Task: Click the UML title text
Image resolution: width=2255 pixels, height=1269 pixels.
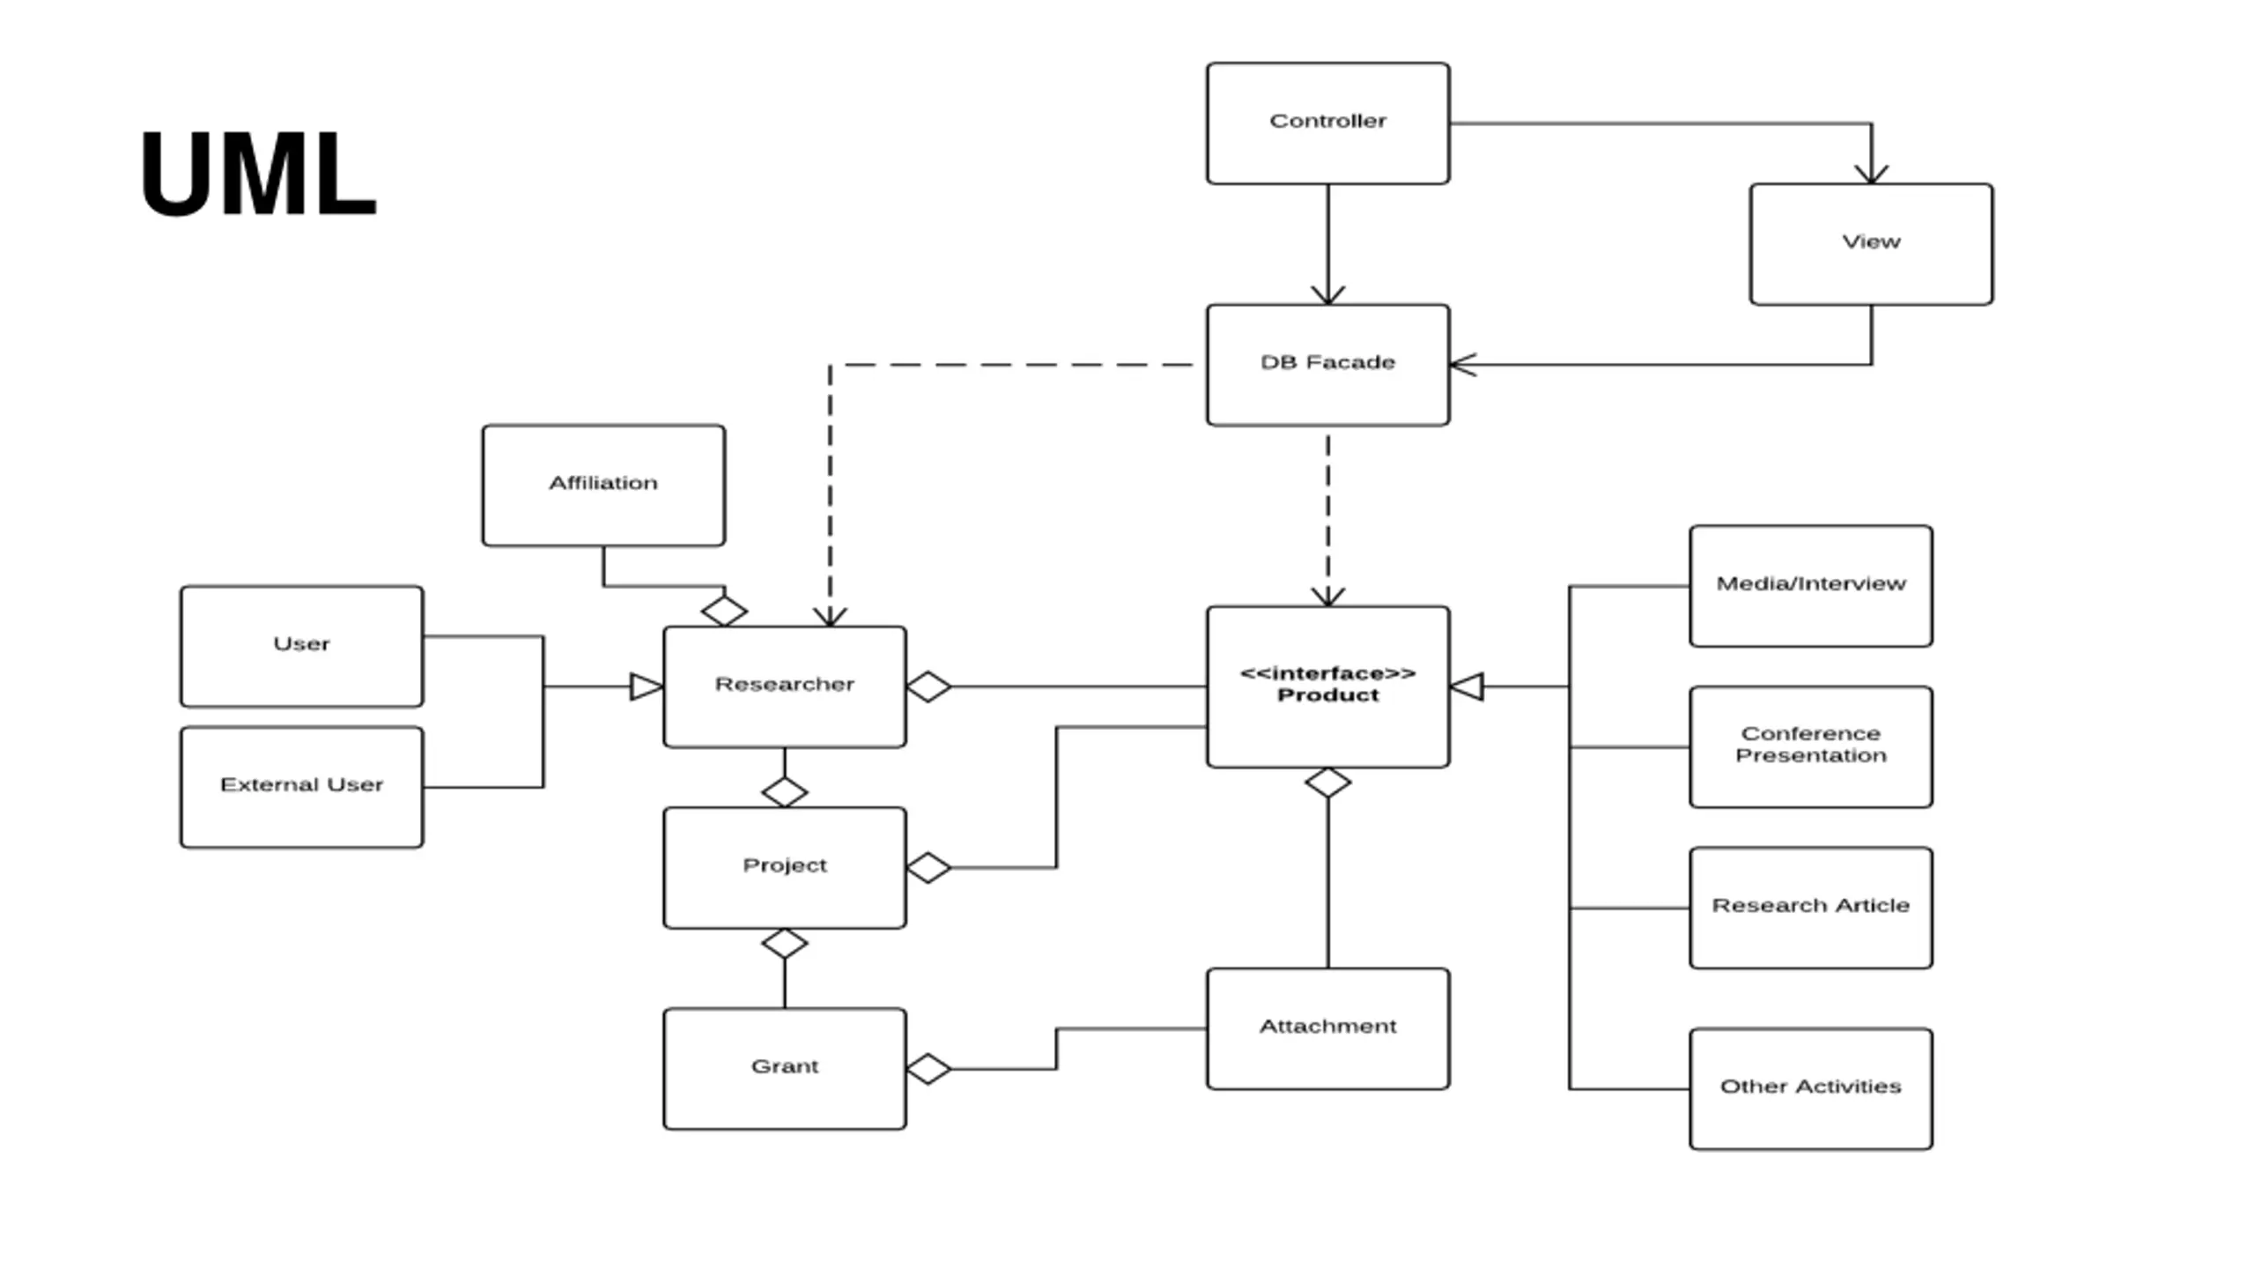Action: pos(258,173)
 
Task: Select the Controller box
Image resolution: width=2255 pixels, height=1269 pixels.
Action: pos(1327,123)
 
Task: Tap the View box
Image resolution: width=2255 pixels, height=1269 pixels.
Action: pos(1871,244)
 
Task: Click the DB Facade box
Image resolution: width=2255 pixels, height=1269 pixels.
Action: pos(1327,365)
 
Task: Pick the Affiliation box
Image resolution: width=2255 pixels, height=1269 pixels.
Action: pos(603,486)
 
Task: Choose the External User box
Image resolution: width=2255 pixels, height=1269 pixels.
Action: pos(301,787)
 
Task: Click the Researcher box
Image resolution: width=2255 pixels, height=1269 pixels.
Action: pos(784,686)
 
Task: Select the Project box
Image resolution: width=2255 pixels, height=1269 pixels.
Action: pos(784,868)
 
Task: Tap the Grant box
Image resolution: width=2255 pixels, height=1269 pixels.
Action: pos(784,1069)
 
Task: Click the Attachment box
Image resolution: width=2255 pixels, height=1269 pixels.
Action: pos(1327,1028)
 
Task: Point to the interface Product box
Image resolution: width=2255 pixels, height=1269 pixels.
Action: pos(1327,686)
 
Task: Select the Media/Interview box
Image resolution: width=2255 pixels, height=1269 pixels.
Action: pos(1811,586)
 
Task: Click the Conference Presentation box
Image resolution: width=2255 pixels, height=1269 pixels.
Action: pos(1811,747)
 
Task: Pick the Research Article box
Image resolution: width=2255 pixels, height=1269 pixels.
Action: pos(1811,908)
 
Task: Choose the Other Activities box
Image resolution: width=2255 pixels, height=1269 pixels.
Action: pos(1811,1089)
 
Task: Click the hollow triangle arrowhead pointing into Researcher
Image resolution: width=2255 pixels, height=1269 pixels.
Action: pos(647,686)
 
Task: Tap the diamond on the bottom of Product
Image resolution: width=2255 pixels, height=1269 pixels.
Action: pos(1327,783)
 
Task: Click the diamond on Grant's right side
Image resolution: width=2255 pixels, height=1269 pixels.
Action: pos(928,1069)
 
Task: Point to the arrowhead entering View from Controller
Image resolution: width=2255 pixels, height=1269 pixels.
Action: pos(1871,174)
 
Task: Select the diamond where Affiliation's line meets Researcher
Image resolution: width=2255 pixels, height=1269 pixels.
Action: pos(724,611)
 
